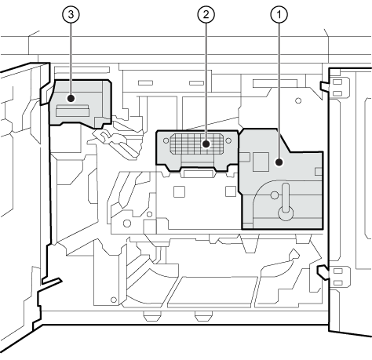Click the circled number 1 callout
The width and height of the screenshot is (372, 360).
pos(279,14)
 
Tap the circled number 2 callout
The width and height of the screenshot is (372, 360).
pos(206,14)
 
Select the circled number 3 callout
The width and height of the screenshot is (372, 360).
pos(71,14)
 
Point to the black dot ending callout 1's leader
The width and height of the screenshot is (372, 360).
pos(279,162)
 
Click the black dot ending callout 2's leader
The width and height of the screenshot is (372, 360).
pos(206,144)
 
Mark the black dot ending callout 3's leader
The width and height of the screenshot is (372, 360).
pos(71,99)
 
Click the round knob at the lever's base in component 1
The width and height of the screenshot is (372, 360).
pos(286,213)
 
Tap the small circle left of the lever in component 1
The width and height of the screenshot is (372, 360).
pos(275,195)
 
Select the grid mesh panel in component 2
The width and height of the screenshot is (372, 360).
pos(196,144)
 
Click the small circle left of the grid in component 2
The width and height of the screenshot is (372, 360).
pos(166,140)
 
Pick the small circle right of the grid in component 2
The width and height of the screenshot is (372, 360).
pos(228,140)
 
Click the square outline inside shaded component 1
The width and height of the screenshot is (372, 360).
pos(261,162)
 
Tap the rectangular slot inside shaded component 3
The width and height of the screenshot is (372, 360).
pos(72,111)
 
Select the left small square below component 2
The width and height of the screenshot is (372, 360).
pos(179,191)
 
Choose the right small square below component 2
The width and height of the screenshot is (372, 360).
pos(231,191)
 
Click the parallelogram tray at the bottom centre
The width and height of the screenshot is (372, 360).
pos(213,292)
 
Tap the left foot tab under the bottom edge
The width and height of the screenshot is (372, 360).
pos(152,316)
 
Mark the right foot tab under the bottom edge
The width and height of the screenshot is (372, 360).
pos(204,316)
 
